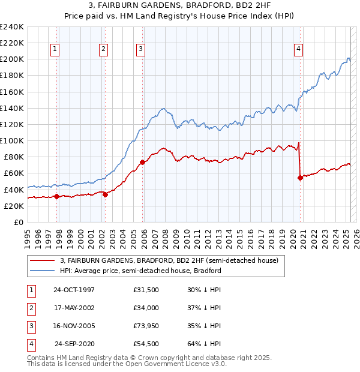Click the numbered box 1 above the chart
tap(55, 50)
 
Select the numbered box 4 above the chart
tap(298, 50)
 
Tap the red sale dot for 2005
tap(143, 162)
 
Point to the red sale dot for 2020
tap(300, 178)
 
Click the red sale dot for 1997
tap(57, 196)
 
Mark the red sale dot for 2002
tap(105, 194)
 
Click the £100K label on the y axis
tap(12, 140)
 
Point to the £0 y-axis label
tap(19, 222)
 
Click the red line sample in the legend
tap(41, 261)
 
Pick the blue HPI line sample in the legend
tap(41, 271)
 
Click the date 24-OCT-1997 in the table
tap(74, 290)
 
